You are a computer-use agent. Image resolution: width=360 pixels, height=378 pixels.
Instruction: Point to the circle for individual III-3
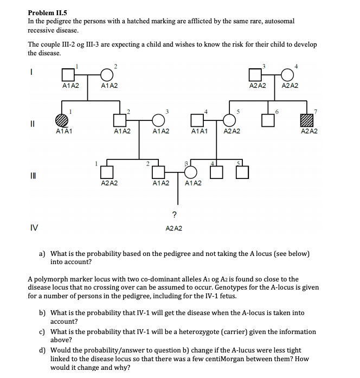click(191, 171)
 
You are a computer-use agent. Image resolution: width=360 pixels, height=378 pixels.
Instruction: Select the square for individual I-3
click(255, 74)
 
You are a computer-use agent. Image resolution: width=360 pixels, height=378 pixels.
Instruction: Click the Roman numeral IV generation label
click(34, 228)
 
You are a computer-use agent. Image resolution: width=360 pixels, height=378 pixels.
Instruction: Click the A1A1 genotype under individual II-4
click(200, 131)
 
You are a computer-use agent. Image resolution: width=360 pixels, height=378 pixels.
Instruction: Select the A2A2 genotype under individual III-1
click(110, 183)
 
